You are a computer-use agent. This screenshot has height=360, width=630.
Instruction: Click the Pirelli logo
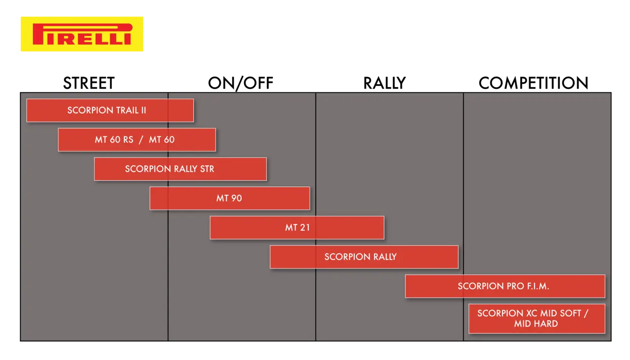pos(82,34)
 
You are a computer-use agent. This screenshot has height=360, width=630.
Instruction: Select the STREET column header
pos(89,83)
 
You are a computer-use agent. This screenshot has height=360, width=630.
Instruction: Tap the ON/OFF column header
pos(240,83)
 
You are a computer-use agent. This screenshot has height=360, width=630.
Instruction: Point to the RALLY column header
pos(384,83)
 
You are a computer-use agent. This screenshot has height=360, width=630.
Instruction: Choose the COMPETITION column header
pos(534,83)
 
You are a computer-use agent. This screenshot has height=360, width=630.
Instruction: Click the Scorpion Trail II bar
pos(110,110)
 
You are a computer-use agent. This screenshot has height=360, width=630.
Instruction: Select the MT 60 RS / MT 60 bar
pos(137,140)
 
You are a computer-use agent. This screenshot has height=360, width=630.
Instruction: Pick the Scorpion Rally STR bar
pos(180,169)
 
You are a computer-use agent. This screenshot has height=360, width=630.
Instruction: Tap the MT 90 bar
pos(230,198)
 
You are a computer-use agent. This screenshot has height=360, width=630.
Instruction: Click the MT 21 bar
pos(297,228)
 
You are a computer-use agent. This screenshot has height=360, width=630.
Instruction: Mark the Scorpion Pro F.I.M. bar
pos(505,286)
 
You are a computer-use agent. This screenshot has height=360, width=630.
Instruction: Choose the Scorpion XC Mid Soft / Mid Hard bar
pos(537,319)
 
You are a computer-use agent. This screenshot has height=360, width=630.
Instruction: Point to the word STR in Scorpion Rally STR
pos(207,169)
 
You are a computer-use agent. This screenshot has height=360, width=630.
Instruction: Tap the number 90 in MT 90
pos(236,198)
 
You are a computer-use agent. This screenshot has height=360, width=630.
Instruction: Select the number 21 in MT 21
pos(305,228)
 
